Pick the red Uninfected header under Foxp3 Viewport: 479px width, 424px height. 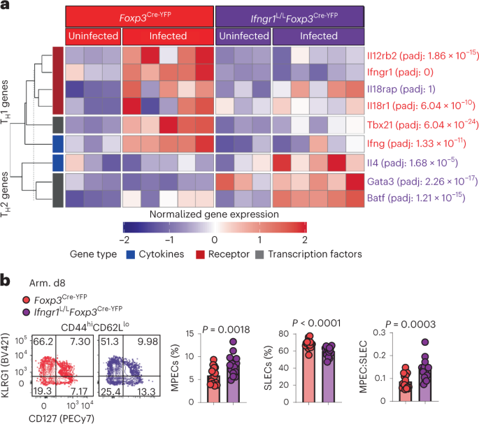pos(92,36)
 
